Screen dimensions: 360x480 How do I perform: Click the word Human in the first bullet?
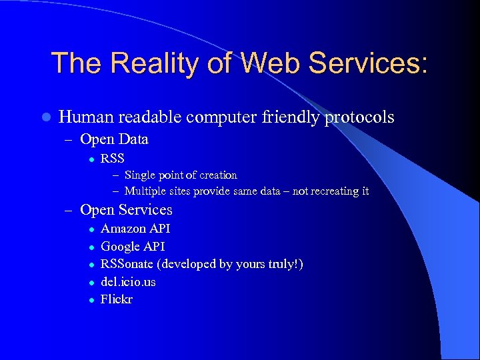coord(86,117)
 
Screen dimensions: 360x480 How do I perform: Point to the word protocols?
coord(359,118)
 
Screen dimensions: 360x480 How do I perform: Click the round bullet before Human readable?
coord(45,118)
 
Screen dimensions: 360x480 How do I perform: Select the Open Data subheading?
coord(114,139)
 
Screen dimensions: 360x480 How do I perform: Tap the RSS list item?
coord(112,159)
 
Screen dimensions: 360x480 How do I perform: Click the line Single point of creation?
coord(181,175)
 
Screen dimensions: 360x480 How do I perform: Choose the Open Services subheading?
coord(126,210)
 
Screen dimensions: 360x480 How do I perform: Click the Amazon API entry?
coord(135,229)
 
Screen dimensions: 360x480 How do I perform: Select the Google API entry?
coord(133,247)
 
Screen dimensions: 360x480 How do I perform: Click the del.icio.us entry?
coord(128,282)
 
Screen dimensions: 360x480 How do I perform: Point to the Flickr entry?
coord(117,299)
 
